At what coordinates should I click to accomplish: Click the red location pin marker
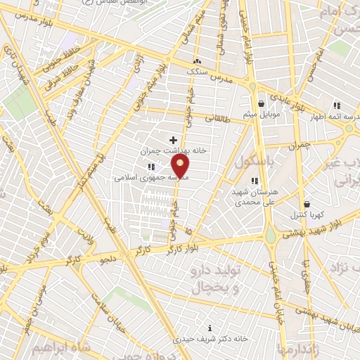181,167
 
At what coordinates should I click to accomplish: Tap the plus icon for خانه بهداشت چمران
174,140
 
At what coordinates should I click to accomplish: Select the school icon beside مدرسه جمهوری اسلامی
151,167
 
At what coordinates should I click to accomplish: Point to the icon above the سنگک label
197,61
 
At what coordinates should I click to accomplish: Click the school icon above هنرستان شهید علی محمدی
254,181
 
